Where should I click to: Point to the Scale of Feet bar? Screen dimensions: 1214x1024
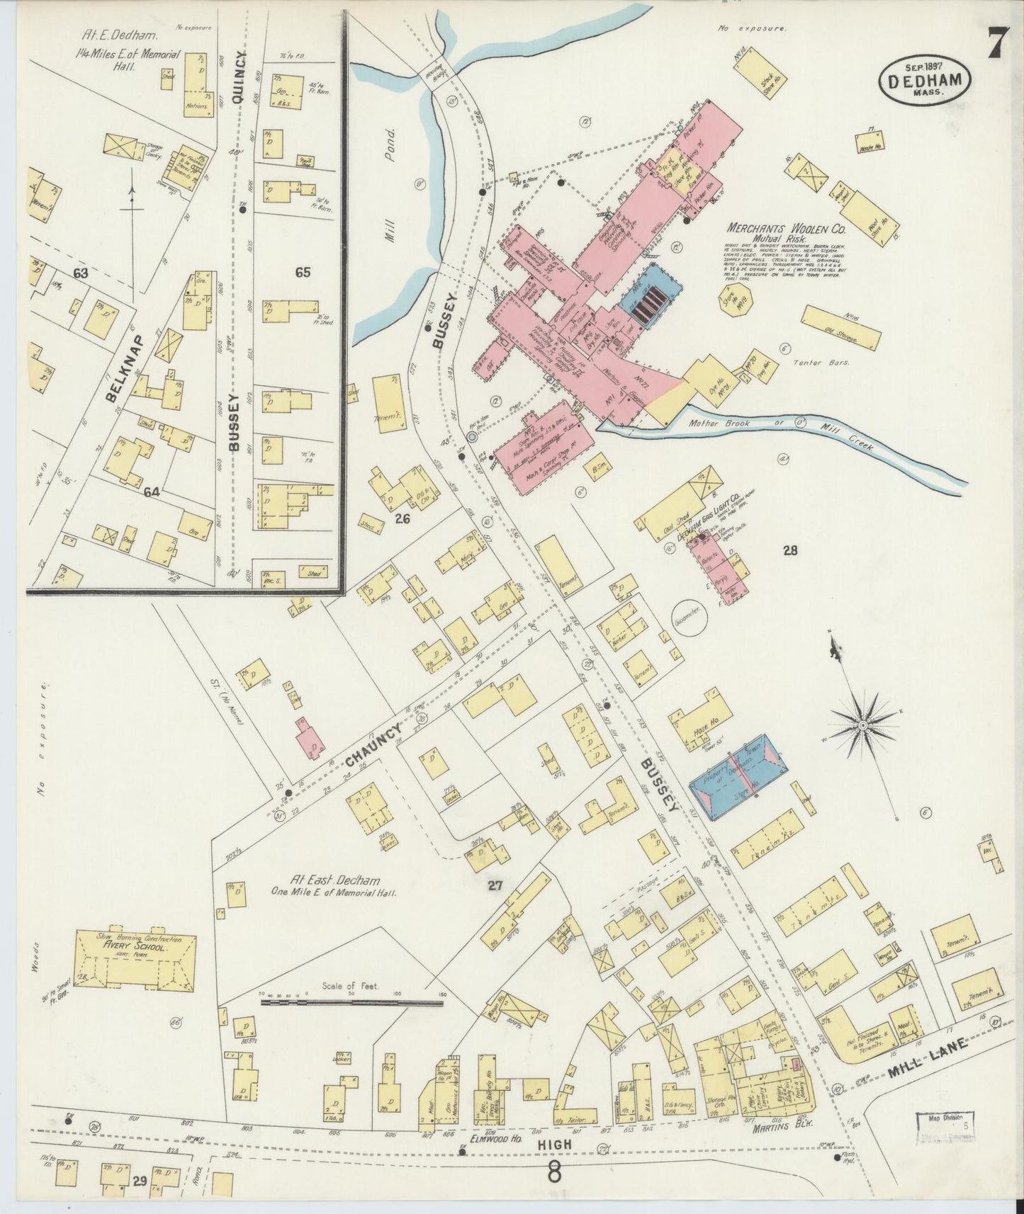(x=351, y=1002)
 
